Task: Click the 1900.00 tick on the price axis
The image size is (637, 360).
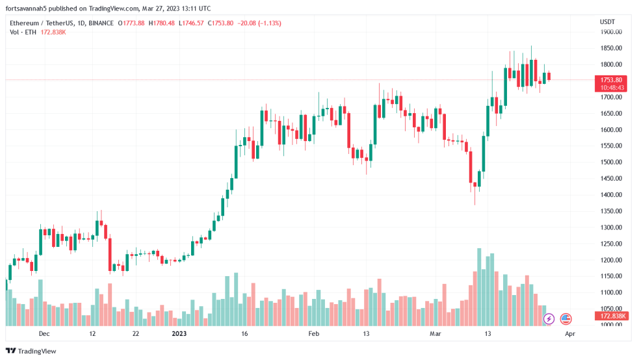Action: (x=611, y=32)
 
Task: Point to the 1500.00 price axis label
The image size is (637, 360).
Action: (x=611, y=162)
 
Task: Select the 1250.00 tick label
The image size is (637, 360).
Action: (x=611, y=244)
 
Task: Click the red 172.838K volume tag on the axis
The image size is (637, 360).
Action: (x=612, y=316)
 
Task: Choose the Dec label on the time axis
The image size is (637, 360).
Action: (x=44, y=334)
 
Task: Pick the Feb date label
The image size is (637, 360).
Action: (x=314, y=334)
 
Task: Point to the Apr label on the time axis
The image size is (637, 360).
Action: (x=569, y=334)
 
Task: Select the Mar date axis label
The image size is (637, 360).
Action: (x=435, y=334)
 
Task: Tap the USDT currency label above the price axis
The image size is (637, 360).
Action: (x=607, y=22)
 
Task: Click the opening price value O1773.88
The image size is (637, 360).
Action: (x=132, y=23)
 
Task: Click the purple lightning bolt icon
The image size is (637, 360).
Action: (x=549, y=319)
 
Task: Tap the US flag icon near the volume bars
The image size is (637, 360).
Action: (x=565, y=319)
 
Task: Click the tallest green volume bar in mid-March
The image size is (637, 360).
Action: (x=479, y=287)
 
